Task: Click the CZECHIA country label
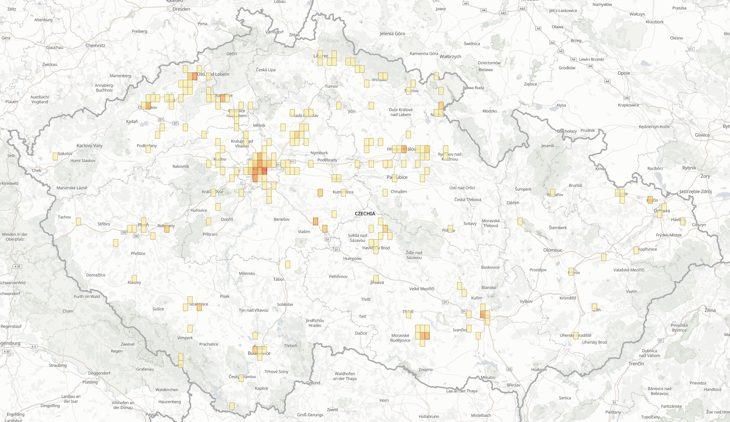click(x=365, y=214)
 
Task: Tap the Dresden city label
click(x=181, y=9)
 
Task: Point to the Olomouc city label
click(x=553, y=250)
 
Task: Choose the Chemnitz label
click(x=95, y=45)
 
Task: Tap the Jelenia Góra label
click(x=392, y=34)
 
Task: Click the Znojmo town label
click(x=426, y=370)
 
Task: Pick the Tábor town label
click(x=278, y=279)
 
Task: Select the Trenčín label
click(x=636, y=364)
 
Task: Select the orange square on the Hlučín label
click(x=650, y=200)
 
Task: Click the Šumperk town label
click(x=523, y=189)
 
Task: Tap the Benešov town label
click(x=282, y=219)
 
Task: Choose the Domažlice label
click(x=96, y=275)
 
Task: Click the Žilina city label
click(x=710, y=310)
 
